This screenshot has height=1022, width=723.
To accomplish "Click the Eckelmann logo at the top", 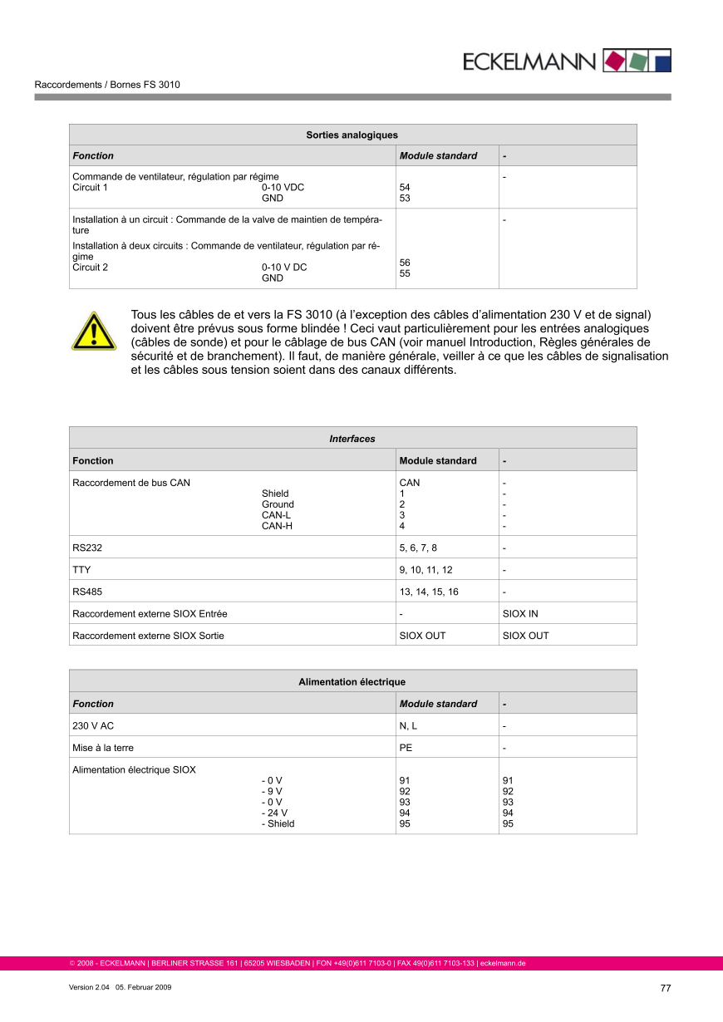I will click(x=566, y=61).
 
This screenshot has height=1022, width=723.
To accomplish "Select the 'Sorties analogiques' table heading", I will click(x=352, y=135).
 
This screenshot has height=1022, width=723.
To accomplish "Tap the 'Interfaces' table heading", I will click(x=352, y=439).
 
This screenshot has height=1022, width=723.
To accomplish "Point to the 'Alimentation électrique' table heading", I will click(x=352, y=682).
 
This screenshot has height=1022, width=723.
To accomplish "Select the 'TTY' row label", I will click(x=81, y=570).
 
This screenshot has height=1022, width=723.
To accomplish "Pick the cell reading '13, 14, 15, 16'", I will click(x=429, y=592).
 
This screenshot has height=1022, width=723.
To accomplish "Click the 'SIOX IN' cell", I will click(x=520, y=614).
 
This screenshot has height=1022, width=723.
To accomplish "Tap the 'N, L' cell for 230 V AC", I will click(x=409, y=726).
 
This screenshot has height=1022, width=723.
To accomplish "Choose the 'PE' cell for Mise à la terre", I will click(x=406, y=748).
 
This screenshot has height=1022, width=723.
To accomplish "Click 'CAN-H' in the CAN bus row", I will click(x=278, y=526).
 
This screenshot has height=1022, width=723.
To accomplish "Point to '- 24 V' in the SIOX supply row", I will click(x=275, y=813).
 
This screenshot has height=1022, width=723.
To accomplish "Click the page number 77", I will click(x=665, y=988).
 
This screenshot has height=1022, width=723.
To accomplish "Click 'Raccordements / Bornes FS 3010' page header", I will click(x=107, y=85).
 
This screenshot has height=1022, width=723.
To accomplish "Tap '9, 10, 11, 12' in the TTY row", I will click(x=426, y=570).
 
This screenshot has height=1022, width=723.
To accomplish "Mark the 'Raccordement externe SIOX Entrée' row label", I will click(x=150, y=614).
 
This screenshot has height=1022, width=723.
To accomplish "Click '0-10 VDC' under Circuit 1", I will click(x=283, y=188).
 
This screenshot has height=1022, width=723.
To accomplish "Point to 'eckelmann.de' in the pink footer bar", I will click(x=504, y=964).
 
